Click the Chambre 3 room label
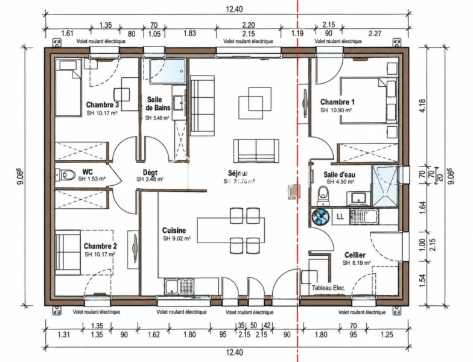103,105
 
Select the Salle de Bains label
158,104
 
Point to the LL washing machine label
340,216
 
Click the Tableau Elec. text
328,288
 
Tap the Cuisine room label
174,230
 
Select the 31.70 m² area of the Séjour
244,182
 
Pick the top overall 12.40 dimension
234,10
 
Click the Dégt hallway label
150,173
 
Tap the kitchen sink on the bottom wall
179,286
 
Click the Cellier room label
355,255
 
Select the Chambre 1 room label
338,102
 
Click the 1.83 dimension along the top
189,33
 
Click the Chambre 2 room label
100,246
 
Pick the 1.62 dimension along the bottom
153,334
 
